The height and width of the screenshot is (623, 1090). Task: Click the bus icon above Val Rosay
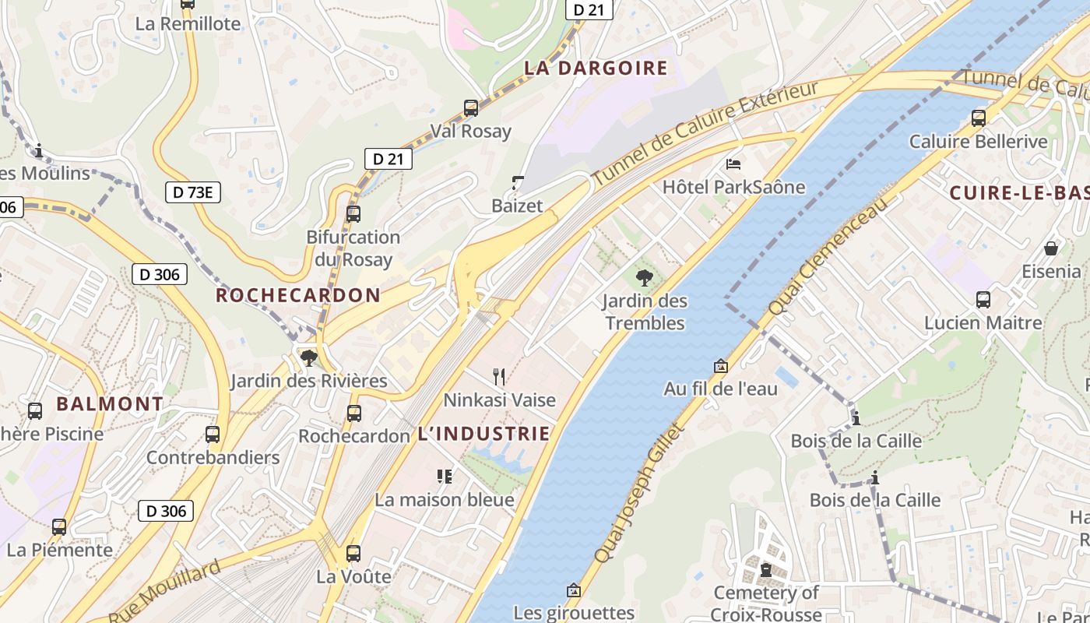[471, 108]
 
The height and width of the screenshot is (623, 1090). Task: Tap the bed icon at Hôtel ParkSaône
[733, 164]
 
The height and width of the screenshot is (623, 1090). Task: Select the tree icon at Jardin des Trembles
[644, 277]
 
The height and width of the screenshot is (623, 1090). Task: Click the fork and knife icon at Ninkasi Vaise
[499, 377]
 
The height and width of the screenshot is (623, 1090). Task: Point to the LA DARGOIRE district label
[596, 69]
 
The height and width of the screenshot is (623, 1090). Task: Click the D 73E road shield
[193, 192]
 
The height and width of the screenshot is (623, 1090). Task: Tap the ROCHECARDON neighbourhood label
[298, 296]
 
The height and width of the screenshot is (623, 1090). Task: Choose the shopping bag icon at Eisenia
[1051, 248]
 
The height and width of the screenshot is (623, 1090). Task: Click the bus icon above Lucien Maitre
[983, 300]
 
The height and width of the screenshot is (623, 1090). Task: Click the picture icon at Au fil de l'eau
[721, 366]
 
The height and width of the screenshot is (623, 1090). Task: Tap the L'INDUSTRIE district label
[483, 435]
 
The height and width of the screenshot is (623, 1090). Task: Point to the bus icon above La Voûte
[353, 554]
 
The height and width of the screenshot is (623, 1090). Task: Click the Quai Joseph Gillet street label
[638, 492]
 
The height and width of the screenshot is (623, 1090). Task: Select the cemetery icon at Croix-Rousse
[766, 570]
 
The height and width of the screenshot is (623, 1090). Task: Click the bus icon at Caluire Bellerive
[979, 118]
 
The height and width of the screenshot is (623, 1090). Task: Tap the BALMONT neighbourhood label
[110, 404]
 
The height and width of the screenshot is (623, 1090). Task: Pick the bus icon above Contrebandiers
[213, 435]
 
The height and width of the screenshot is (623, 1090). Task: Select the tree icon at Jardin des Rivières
[309, 358]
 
